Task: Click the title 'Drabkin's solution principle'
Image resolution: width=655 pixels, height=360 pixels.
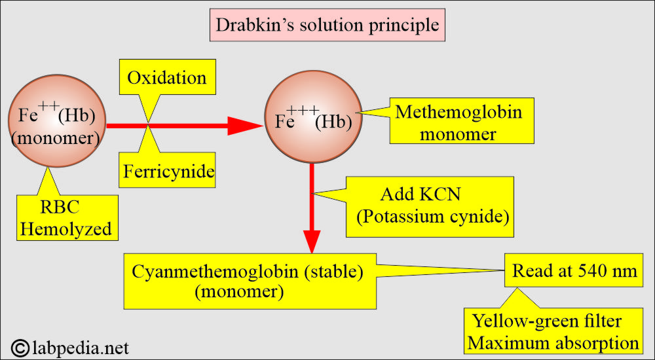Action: coord(327,25)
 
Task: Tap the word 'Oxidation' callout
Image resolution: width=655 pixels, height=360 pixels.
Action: coord(167,78)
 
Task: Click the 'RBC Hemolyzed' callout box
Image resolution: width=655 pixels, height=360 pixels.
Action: coord(67,217)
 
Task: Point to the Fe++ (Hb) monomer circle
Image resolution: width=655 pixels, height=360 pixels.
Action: coord(57,120)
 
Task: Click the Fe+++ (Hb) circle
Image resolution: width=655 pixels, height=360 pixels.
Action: coord(313,117)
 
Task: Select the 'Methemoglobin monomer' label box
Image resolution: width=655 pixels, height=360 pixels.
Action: coord(462,121)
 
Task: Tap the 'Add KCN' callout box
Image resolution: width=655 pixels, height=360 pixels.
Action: coord(430,207)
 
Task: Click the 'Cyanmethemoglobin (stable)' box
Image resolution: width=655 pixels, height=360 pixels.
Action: coord(250,281)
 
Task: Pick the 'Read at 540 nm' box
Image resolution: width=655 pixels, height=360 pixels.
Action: coord(574,270)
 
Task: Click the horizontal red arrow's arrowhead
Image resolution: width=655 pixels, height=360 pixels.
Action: coord(245,126)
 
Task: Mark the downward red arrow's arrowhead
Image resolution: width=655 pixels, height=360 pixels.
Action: coord(312,242)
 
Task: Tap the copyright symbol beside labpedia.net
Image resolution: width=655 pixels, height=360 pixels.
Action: coord(20,348)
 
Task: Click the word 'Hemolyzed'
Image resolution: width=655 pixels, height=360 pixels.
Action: coord(67,229)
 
